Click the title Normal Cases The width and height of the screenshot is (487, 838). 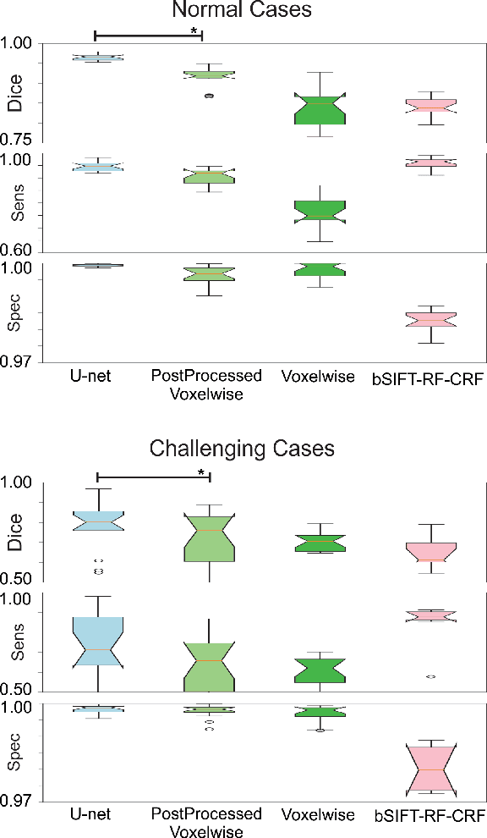pos(243,11)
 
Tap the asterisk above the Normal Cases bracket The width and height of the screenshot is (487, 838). pos(194,30)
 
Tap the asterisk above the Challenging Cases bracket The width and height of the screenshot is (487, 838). pos(201,471)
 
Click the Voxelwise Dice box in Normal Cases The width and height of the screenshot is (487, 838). pos(320,108)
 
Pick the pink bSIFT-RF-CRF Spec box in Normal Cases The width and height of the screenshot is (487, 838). pos(431,319)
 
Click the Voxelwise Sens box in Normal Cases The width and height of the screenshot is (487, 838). pos(320,212)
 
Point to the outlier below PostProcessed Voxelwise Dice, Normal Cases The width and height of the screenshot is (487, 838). pos(209,96)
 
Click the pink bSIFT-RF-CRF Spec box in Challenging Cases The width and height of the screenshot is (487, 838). pos(431,769)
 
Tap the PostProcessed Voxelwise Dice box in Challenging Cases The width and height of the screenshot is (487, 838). pos(209,538)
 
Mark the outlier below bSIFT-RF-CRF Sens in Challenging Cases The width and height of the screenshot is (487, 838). pos(430,676)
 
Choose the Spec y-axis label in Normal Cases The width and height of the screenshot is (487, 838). pos(14,314)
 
